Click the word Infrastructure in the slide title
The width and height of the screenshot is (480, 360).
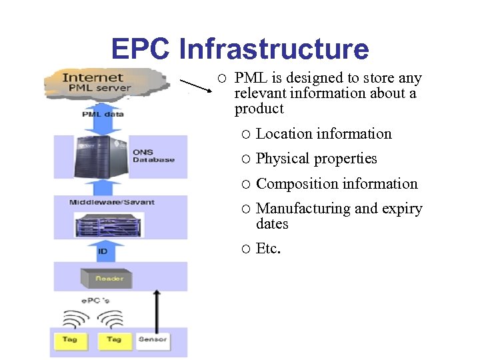(274, 49)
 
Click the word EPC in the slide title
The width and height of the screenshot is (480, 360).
(141, 49)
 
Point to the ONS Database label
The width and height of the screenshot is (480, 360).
(153, 156)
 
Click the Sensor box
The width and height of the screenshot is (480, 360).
(152, 340)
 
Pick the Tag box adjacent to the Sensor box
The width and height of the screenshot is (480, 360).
(114, 340)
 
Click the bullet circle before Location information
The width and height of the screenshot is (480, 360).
(246, 135)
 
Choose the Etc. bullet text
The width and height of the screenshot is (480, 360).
(269, 249)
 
